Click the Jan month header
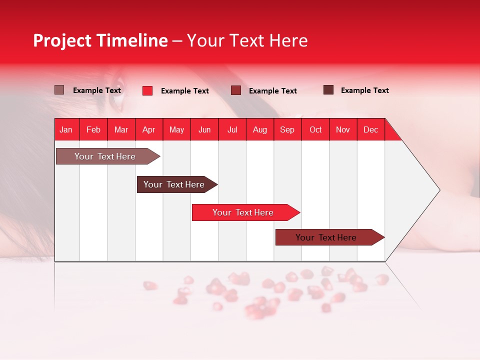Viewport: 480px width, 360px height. click(x=66, y=129)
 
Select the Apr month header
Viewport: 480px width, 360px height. click(x=148, y=129)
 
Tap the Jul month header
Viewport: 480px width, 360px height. click(x=232, y=129)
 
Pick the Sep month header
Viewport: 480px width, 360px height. click(x=287, y=129)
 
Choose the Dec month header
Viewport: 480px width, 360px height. click(x=370, y=129)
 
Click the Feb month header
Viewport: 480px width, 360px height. click(x=93, y=129)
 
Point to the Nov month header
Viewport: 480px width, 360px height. click(x=342, y=129)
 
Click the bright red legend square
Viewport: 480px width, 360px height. click(x=147, y=90)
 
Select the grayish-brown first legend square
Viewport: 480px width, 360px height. click(x=59, y=90)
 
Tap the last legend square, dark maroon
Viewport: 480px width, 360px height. click(x=328, y=90)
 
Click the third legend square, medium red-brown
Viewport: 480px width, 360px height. click(x=236, y=90)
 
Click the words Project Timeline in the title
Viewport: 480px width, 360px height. click(x=100, y=40)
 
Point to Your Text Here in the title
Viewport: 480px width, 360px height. click(x=247, y=40)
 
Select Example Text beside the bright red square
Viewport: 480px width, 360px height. click(x=184, y=91)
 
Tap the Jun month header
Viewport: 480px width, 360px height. click(x=204, y=129)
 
